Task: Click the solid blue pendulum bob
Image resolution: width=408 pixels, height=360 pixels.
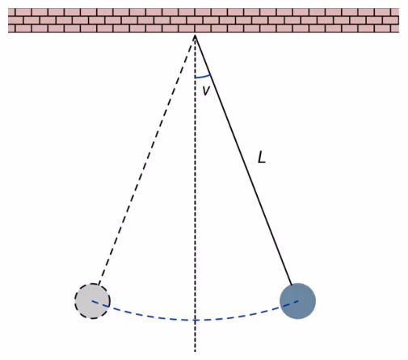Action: click(x=297, y=301)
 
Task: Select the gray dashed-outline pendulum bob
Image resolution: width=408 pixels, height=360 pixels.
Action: click(x=92, y=301)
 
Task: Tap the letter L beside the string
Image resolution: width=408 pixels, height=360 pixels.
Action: click(x=262, y=157)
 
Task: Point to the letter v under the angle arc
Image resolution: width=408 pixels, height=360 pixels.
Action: click(x=206, y=90)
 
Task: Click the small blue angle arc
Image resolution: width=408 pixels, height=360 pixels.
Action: click(x=203, y=77)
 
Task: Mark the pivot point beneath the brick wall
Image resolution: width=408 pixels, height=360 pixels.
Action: click(x=195, y=36)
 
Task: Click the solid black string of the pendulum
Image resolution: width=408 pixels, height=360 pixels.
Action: click(x=243, y=160)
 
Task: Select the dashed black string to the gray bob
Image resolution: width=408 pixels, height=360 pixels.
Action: click(x=146, y=160)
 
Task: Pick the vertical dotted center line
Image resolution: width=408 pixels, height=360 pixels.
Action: click(x=195, y=194)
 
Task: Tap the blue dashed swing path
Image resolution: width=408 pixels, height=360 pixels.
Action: click(x=195, y=320)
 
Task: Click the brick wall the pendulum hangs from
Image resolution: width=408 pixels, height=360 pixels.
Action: click(x=204, y=20)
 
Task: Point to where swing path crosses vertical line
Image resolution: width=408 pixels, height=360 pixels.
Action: click(x=195, y=320)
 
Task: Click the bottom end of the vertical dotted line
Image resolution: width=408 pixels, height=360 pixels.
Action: click(x=195, y=351)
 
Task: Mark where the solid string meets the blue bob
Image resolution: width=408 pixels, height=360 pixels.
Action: click(x=292, y=284)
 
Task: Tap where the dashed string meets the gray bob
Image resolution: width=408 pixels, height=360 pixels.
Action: click(x=99, y=284)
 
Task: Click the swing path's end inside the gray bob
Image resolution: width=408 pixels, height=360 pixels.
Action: click(x=92, y=301)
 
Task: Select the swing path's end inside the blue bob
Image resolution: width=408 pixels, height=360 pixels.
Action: click(x=298, y=300)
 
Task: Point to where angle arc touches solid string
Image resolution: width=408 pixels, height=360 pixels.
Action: click(x=210, y=74)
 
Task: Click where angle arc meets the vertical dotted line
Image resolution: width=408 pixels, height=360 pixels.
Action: click(x=195, y=77)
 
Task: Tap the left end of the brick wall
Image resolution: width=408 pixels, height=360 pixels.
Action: click(x=8, y=20)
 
